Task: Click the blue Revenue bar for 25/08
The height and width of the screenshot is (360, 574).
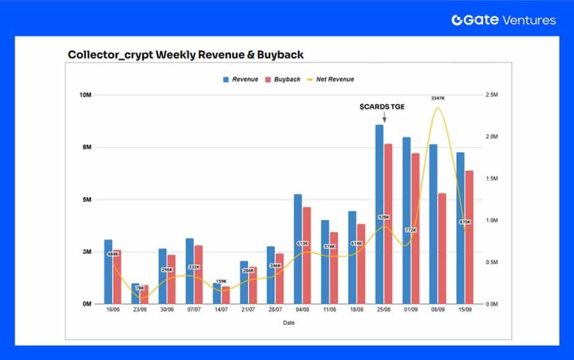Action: tap(379, 214)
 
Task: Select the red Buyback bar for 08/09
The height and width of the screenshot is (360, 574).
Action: tap(442, 249)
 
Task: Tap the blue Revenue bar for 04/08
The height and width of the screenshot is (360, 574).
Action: tap(298, 249)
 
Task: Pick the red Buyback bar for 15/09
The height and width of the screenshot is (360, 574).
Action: tap(469, 237)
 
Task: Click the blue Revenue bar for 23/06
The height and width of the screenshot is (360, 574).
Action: tap(136, 293)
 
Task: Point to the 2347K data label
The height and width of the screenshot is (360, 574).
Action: tap(438, 98)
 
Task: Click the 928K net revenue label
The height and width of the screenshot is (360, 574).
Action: tap(383, 217)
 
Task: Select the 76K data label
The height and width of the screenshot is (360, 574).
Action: tap(140, 288)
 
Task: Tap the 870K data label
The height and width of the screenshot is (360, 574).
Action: tap(464, 222)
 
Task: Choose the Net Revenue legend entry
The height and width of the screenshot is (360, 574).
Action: tap(330, 80)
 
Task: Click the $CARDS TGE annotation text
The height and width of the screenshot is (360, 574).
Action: tap(382, 107)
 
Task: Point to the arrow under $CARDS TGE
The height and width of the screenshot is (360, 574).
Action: tap(384, 117)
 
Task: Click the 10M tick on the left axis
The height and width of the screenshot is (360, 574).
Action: tap(85, 95)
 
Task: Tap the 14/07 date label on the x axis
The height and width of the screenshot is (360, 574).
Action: tap(221, 310)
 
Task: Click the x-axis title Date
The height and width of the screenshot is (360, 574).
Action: tap(289, 323)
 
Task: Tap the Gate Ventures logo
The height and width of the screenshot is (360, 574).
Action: tap(504, 20)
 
